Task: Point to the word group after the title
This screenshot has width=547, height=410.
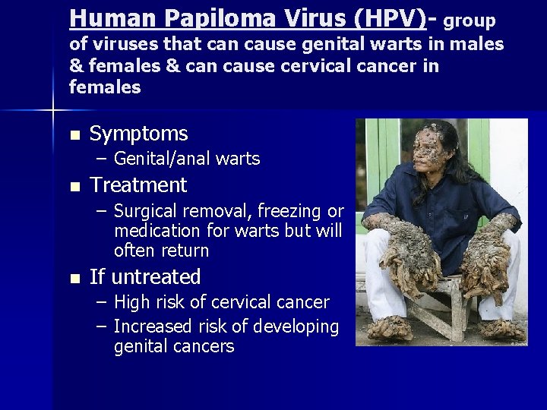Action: pyautogui.click(x=470, y=20)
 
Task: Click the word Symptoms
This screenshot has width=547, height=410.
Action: pyautogui.click(x=138, y=134)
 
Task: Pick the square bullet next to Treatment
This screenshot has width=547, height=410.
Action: pyautogui.click(x=74, y=187)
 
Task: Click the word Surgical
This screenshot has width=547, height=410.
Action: pyautogui.click(x=145, y=211)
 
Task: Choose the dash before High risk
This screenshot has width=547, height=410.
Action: pyautogui.click(x=102, y=302)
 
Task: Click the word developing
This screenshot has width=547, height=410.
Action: pyautogui.click(x=299, y=326)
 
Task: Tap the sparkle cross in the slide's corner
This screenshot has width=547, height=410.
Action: pyautogui.click(x=53, y=112)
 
